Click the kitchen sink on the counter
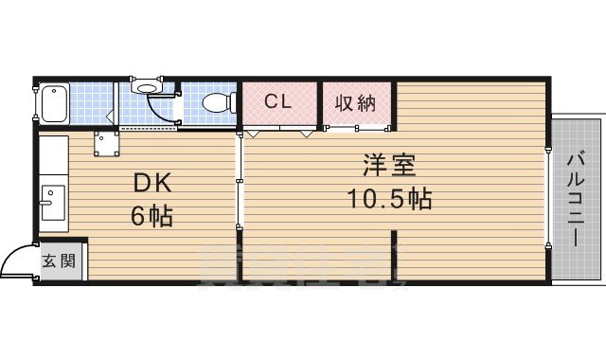52,204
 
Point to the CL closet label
276,101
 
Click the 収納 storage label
356,101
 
